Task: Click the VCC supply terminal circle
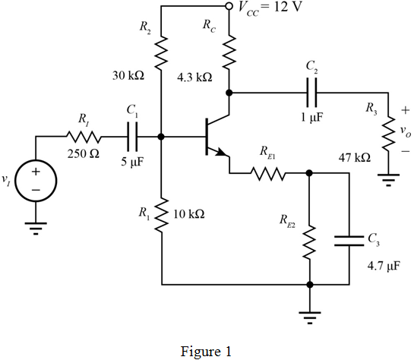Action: [229, 6]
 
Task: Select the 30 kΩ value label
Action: [128, 76]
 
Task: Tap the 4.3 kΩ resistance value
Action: [194, 77]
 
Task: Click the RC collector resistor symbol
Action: [229, 51]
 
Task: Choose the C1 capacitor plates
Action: [132, 137]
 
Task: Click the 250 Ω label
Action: [84, 153]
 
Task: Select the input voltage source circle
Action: [36, 181]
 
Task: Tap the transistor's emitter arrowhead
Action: [221, 153]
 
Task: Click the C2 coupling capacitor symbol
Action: [311, 93]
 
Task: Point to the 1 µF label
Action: [312, 117]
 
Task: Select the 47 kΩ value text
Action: [355, 157]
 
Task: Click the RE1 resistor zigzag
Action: [268, 173]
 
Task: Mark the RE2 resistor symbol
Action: [309, 242]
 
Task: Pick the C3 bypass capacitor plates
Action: [349, 241]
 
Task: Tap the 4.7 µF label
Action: [384, 266]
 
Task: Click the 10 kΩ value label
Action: [189, 214]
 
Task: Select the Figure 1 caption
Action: [206, 352]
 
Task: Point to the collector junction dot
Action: [229, 93]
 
